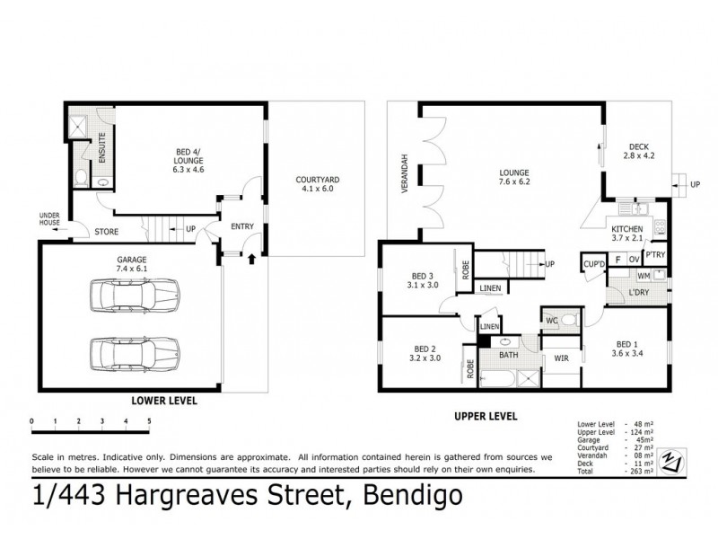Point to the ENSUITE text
102,146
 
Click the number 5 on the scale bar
149,420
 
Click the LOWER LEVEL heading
164,400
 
